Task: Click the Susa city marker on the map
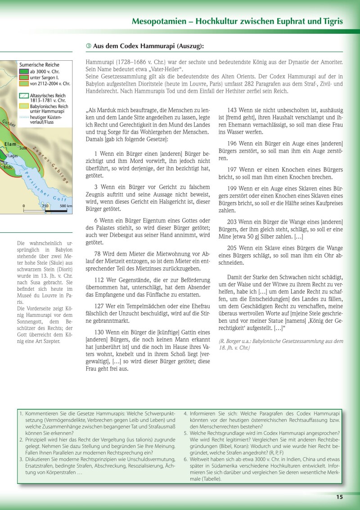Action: click(18, 147)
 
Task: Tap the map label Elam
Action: click(10, 144)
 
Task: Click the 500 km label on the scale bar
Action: click(66, 206)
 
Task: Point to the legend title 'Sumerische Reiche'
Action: click(39, 64)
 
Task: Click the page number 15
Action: click(339, 497)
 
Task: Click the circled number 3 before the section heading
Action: click(88, 46)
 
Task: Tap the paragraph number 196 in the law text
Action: click(232, 143)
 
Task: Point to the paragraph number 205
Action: click(232, 248)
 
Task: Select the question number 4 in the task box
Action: click(186, 413)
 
